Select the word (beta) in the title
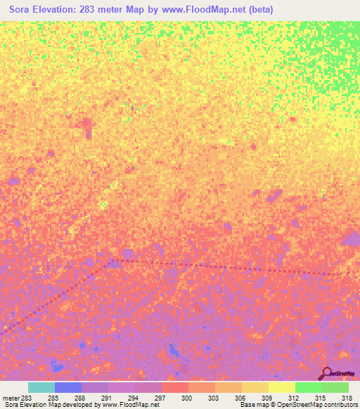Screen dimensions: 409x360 click(259, 10)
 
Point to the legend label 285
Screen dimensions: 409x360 click(53, 398)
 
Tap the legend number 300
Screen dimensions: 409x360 click(188, 398)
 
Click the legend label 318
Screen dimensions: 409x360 click(347, 398)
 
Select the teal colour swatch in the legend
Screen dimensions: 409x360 click(41, 387)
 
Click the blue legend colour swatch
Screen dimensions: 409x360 click(68, 387)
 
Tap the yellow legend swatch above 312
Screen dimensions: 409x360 click(281, 387)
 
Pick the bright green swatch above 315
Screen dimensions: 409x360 click(308, 387)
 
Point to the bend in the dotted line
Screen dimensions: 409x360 click(110, 261)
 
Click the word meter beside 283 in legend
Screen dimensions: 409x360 click(11, 398)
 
